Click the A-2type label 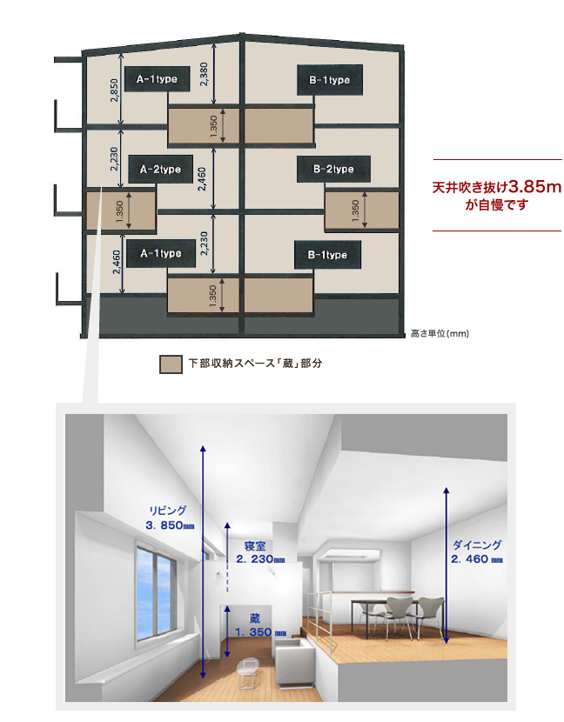point(160,170)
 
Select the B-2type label point(333,169)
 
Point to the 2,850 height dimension point(114,90)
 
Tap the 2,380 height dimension point(204,74)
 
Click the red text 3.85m point(535,186)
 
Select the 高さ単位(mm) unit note point(440,333)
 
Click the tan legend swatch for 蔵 point(171,364)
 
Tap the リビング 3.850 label point(170,518)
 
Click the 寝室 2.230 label point(260,552)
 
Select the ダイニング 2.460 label point(476,552)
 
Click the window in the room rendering point(157,591)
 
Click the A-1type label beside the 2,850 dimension point(158,79)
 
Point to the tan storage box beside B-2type point(362,210)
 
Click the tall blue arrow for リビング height point(203,562)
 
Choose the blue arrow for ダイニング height point(446,565)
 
